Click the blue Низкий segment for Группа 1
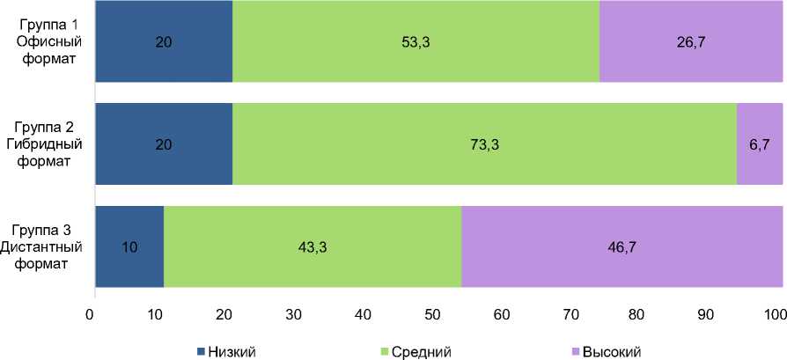pos(163,41)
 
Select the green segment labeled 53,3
pos(416,41)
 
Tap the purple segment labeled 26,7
pos(690,41)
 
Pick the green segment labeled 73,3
pos(484,143)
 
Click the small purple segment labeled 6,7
pos(759,143)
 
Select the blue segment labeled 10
pos(129,246)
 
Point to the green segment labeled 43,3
pos(313,246)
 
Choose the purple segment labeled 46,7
pos(622,246)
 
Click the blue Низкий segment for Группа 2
pos(163,143)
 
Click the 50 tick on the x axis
pos(432,314)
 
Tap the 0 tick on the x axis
pos(90,314)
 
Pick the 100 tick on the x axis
pos(774,314)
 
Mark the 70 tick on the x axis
pos(570,314)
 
